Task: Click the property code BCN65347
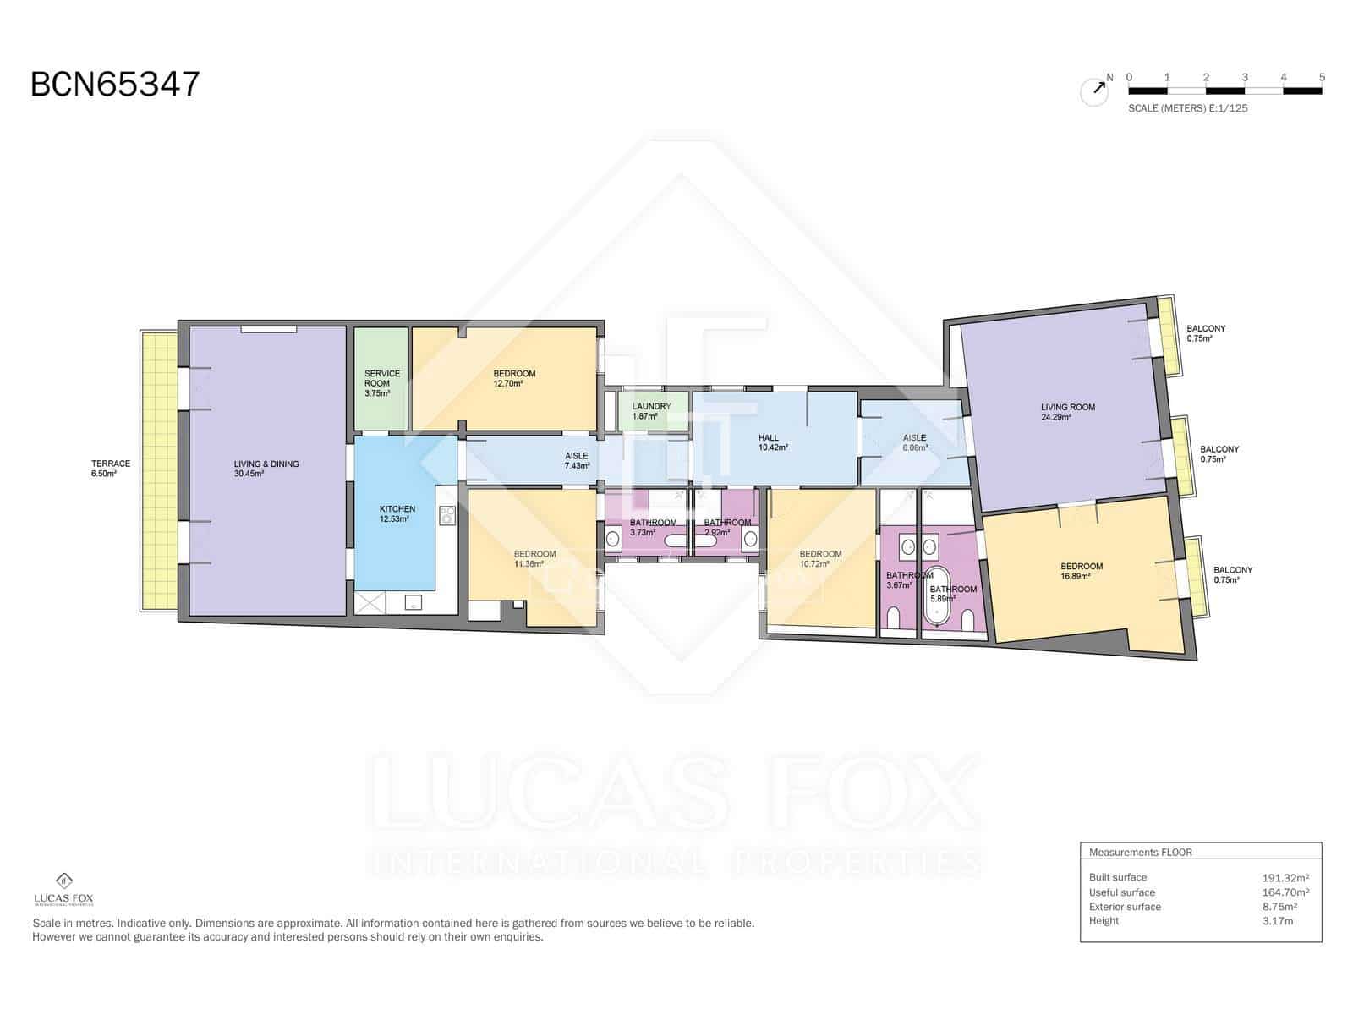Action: (x=115, y=85)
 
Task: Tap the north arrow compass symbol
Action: (x=1094, y=91)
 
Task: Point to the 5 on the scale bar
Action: (x=1322, y=77)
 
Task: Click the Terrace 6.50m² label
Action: (x=111, y=469)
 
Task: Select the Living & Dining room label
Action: (x=266, y=469)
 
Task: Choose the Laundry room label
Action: (x=651, y=411)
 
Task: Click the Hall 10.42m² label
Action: (x=773, y=442)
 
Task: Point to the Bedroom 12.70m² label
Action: (x=514, y=378)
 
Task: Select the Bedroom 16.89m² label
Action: (x=1082, y=571)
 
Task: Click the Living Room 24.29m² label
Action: (x=1067, y=412)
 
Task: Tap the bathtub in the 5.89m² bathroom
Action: (x=934, y=601)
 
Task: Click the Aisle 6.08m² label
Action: (x=914, y=442)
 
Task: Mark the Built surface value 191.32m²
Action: (x=1285, y=878)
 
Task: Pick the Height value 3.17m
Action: (x=1277, y=921)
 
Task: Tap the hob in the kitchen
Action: (x=447, y=515)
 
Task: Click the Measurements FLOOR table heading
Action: (x=1140, y=853)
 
